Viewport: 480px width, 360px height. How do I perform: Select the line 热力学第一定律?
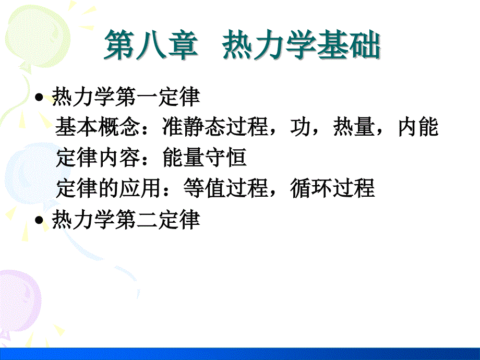tap(126, 97)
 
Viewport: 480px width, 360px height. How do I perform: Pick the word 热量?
tap(353, 128)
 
